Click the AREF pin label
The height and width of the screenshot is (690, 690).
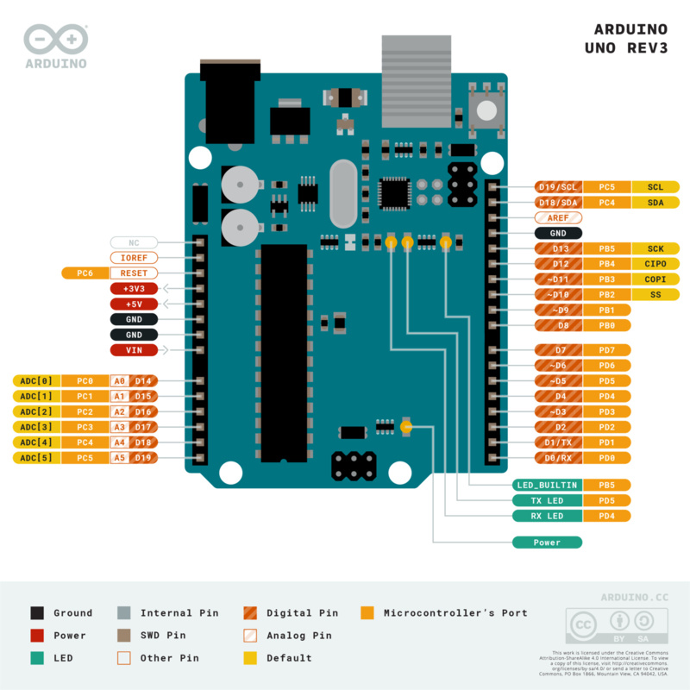[558, 218]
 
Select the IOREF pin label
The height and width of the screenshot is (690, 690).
[134, 258]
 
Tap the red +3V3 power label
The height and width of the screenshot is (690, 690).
[134, 289]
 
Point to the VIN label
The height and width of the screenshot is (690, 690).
[134, 350]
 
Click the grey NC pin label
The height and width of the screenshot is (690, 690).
[134, 242]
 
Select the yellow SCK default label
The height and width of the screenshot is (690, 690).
[655, 248]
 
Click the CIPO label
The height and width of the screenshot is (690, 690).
[655, 264]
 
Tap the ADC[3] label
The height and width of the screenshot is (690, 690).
[34, 427]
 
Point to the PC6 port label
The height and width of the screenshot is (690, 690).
[85, 273]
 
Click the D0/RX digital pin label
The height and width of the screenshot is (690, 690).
[558, 458]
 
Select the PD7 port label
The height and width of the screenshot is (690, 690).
[607, 350]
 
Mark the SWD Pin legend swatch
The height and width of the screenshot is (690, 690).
[124, 636]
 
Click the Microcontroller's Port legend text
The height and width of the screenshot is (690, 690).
[455, 613]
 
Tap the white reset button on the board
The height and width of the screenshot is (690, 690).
[486, 110]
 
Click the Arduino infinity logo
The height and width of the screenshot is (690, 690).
[56, 40]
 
